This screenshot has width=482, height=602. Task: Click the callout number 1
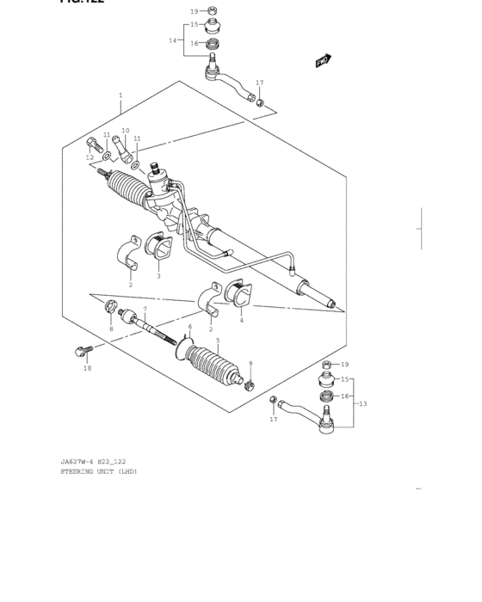tap(120, 95)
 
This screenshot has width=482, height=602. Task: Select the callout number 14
tap(172, 40)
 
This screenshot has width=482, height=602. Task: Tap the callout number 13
tap(362, 403)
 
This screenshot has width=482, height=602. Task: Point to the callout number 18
tap(87, 368)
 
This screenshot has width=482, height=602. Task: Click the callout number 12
tap(90, 157)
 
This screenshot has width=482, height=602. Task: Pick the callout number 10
tap(125, 131)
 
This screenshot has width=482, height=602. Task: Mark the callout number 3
tap(158, 276)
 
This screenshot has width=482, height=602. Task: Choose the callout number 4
tap(241, 321)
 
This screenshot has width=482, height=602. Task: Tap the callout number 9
tap(250, 363)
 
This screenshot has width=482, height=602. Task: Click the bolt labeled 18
tap(83, 350)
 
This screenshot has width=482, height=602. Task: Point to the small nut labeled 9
tap(249, 384)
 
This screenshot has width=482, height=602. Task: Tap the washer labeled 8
tap(110, 307)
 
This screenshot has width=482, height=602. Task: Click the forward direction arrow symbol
tap(323, 60)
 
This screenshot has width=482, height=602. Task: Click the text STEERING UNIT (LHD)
tap(98, 471)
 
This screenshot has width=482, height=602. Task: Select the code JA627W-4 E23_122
tap(93, 462)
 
